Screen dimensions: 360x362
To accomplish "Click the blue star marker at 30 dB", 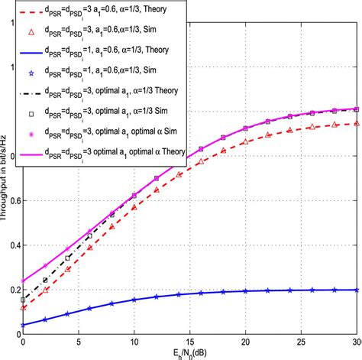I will coord(356,290).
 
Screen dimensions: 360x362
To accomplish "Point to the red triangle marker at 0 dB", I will coord(23,307).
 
